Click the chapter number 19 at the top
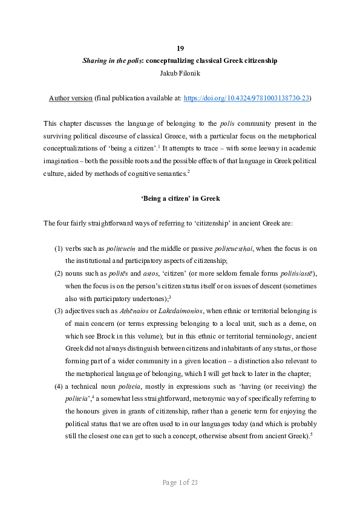tap(180, 48)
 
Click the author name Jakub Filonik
tap(180, 72)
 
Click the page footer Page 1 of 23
tap(180, 482)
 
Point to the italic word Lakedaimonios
tap(182, 311)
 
